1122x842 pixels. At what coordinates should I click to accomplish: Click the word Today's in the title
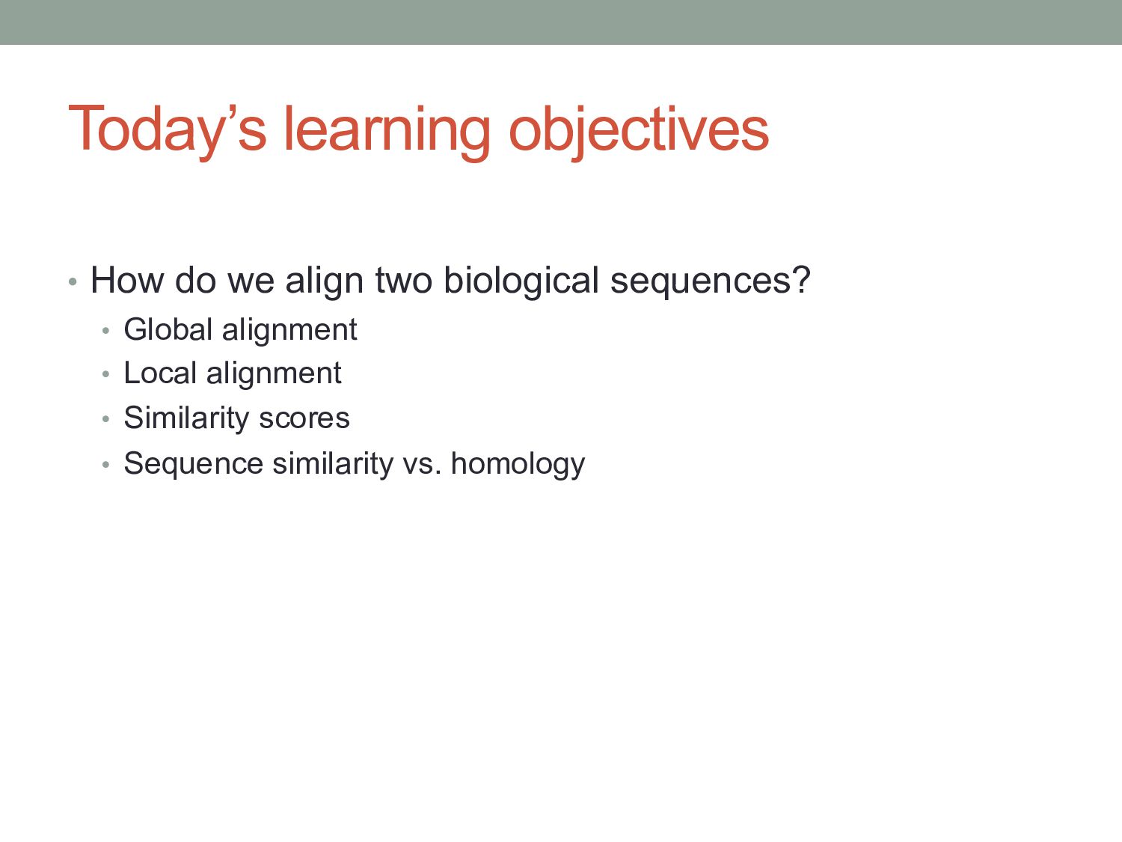[x=167, y=130]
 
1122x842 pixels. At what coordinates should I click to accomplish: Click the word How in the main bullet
[x=127, y=280]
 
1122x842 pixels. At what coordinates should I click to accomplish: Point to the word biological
[x=521, y=281]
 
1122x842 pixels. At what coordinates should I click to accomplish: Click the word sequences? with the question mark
[x=711, y=281]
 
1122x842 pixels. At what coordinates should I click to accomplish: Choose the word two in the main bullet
[x=404, y=281]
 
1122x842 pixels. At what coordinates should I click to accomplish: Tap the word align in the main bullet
[x=324, y=281]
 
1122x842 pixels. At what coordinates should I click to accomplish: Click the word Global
[x=168, y=329]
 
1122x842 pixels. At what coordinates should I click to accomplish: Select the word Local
[x=160, y=373]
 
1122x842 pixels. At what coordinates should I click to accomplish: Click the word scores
[x=304, y=418]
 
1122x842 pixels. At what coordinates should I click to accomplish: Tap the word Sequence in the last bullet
[x=194, y=465]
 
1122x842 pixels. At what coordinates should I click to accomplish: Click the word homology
[x=518, y=465]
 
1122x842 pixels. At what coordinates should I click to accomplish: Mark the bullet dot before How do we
[x=73, y=281]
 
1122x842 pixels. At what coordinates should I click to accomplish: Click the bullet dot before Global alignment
[x=105, y=331]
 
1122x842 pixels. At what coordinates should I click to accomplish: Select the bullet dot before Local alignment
[x=105, y=374]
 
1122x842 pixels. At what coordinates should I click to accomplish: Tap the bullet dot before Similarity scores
[x=105, y=419]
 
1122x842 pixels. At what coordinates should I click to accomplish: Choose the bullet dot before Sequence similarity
[x=105, y=465]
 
